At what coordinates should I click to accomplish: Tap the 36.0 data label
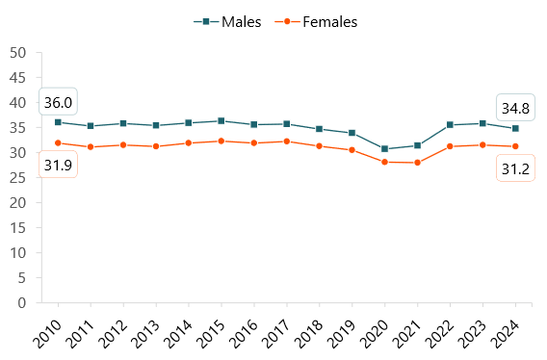(x=58, y=102)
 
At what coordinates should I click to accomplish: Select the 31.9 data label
(x=58, y=165)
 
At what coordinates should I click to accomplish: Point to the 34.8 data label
(x=514, y=108)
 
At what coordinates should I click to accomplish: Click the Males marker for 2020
(x=384, y=149)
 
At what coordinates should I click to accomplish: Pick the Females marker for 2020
(x=384, y=162)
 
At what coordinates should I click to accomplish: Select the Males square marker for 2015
(x=221, y=121)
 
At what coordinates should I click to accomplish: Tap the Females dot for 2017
(x=287, y=141)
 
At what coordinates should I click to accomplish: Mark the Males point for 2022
(x=450, y=125)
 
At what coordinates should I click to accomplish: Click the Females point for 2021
(x=417, y=163)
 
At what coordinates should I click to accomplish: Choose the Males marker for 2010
(x=58, y=122)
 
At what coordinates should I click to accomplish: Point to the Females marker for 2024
(x=514, y=146)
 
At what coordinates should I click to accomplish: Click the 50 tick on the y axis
(x=17, y=52)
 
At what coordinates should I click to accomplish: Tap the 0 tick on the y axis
(x=21, y=302)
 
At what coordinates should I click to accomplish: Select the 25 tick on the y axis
(x=17, y=177)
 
